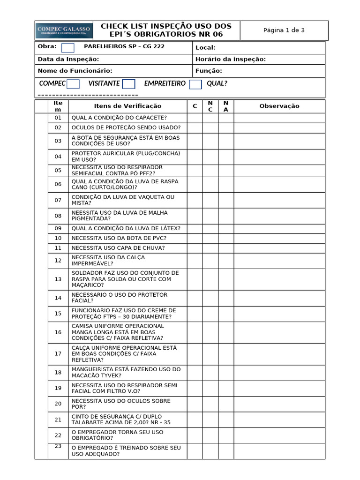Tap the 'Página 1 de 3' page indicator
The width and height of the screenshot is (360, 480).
click(284, 30)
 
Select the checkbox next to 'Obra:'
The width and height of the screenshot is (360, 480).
click(68, 47)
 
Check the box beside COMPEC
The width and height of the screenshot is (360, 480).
click(73, 84)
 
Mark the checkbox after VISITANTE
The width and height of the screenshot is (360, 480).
click(129, 84)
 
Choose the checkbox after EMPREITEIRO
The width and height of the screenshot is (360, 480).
click(195, 84)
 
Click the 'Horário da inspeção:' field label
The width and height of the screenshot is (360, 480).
click(230, 59)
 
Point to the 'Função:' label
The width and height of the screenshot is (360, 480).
click(209, 71)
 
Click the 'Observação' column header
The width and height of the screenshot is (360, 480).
click(279, 106)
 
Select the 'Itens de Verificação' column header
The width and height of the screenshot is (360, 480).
click(127, 106)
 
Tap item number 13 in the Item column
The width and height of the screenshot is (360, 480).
click(58, 279)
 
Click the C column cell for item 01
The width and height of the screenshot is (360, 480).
click(195, 118)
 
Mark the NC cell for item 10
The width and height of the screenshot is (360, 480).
click(210, 238)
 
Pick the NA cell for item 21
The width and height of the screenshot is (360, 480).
click(226, 420)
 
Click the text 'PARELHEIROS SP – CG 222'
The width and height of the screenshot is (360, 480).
click(124, 47)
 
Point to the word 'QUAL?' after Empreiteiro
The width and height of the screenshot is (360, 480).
click(217, 83)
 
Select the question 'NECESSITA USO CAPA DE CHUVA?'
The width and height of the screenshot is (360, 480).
click(118, 248)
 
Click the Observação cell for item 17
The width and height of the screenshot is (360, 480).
click(279, 354)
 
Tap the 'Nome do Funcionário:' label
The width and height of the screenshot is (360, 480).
click(75, 71)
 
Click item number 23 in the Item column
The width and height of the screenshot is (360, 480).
click(58, 446)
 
